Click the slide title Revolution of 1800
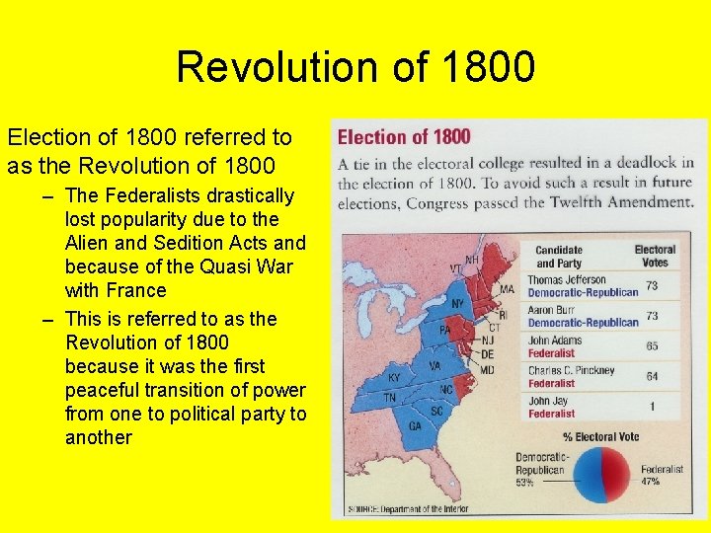[x=355, y=67]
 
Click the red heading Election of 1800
[x=404, y=137]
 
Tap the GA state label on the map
[x=416, y=424]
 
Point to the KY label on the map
[x=395, y=378]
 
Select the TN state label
[x=390, y=398]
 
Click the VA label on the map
[x=434, y=365]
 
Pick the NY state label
[x=457, y=302]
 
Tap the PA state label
[x=444, y=329]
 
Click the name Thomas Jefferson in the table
[x=567, y=280]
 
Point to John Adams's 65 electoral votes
[x=652, y=346]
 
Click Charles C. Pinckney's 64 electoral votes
[x=652, y=376]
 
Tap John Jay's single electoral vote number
[x=653, y=407]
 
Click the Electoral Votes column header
[x=654, y=257]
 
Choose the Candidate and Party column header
[x=559, y=257]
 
